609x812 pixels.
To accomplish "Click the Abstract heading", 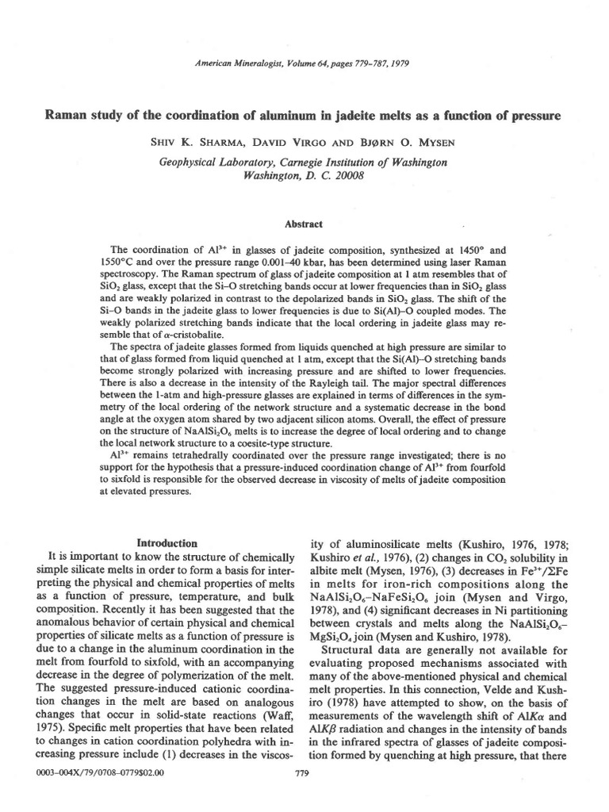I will pos(304,224).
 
